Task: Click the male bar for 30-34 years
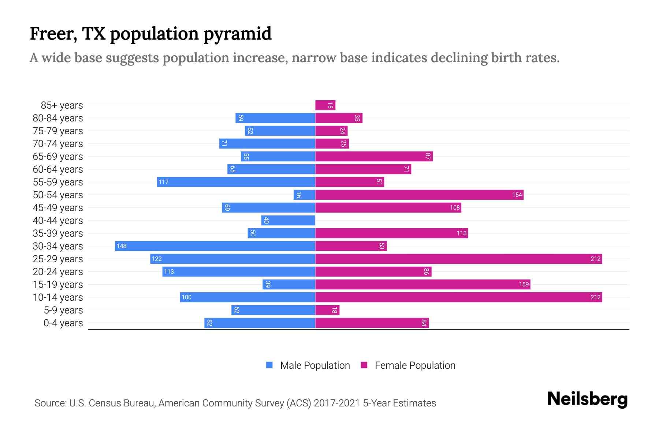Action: point(215,246)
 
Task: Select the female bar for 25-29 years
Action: point(458,259)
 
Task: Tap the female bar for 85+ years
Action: point(325,105)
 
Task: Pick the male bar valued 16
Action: point(304,195)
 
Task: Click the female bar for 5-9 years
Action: point(327,310)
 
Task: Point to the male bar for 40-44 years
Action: point(288,221)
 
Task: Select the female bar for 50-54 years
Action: point(419,195)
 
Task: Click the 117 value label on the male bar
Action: point(163,182)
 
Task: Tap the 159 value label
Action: point(524,285)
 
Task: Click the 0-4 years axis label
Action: point(63,323)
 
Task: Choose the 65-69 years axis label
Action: point(58,157)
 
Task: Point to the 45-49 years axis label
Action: point(58,208)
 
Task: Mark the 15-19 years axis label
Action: point(58,285)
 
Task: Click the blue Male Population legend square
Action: point(269,365)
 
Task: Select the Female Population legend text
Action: point(415,365)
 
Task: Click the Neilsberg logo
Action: point(587,399)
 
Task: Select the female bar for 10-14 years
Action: point(458,297)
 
